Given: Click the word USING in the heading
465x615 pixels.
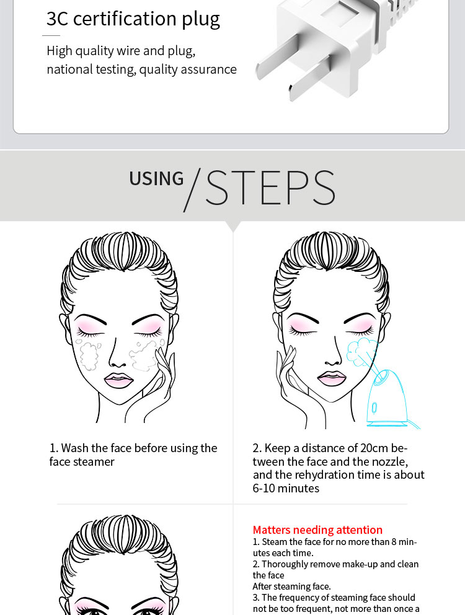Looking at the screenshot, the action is point(156,179).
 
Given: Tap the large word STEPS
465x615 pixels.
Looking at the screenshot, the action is point(270,188).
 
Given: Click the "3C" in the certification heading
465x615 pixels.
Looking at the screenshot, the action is point(58,19).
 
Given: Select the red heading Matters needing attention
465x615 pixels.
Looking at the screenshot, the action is point(317,530).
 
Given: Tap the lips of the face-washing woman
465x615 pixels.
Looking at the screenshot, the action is point(118,380).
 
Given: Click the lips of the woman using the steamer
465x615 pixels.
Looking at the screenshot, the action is point(332,378).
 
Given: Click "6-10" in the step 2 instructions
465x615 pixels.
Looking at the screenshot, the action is point(264,488).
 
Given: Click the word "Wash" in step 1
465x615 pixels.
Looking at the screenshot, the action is point(74,448).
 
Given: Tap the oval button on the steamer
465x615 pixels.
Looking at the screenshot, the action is point(374,408).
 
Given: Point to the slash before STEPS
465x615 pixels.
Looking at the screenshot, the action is point(192,190).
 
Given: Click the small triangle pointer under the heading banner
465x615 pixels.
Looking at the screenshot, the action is point(233,226).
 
